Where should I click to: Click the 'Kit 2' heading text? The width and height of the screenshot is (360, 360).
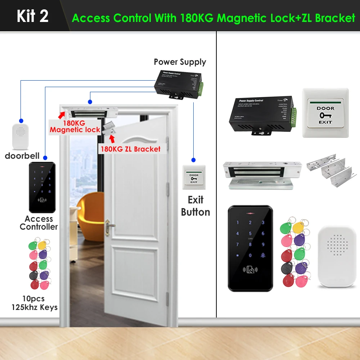(32, 16)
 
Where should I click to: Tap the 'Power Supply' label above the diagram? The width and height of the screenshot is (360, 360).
(180, 62)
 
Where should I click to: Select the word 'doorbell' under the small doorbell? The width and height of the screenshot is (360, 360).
(22, 156)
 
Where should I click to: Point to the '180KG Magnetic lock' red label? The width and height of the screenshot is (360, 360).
(75, 126)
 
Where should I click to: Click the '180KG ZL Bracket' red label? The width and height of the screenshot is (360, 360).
(130, 149)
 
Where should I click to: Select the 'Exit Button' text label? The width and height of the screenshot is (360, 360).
(195, 206)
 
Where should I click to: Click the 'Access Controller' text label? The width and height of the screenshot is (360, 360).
(39, 223)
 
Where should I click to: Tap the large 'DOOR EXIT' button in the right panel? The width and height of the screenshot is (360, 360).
(325, 113)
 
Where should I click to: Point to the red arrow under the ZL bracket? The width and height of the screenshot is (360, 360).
(112, 139)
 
